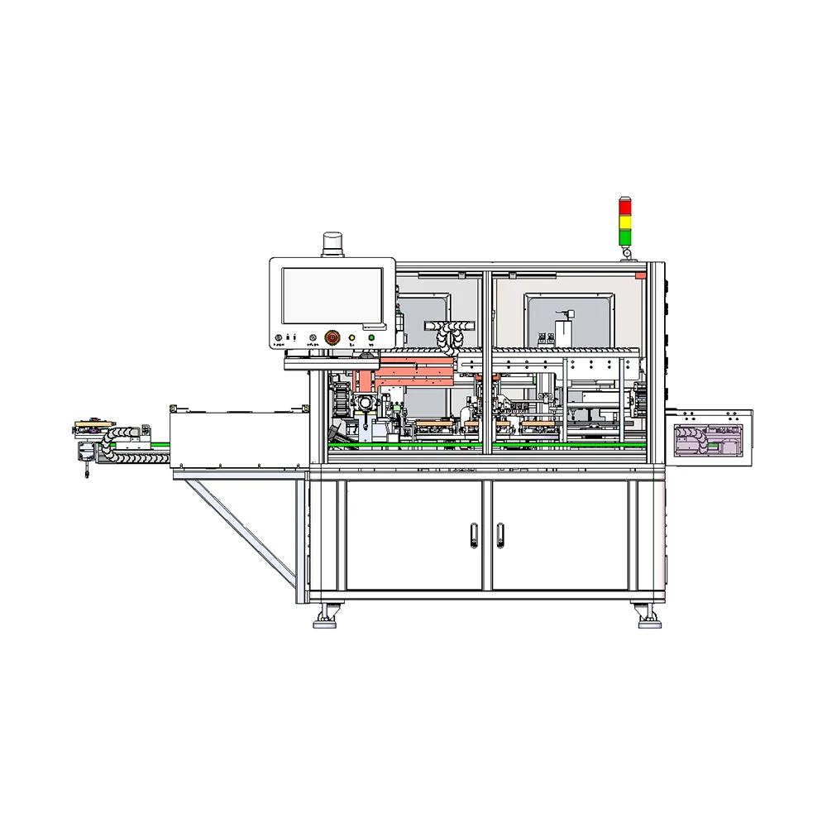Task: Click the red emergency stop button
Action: tap(332, 337)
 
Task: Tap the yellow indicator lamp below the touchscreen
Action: tap(351, 337)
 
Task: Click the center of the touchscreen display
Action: tap(332, 295)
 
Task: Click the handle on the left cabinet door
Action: tap(472, 536)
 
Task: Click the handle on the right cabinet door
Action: tap(500, 536)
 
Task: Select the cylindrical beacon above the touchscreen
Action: tap(332, 243)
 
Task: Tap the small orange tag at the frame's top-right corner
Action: tap(640, 273)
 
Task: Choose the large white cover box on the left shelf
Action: tap(236, 438)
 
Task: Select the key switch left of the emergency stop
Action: tap(313, 337)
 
